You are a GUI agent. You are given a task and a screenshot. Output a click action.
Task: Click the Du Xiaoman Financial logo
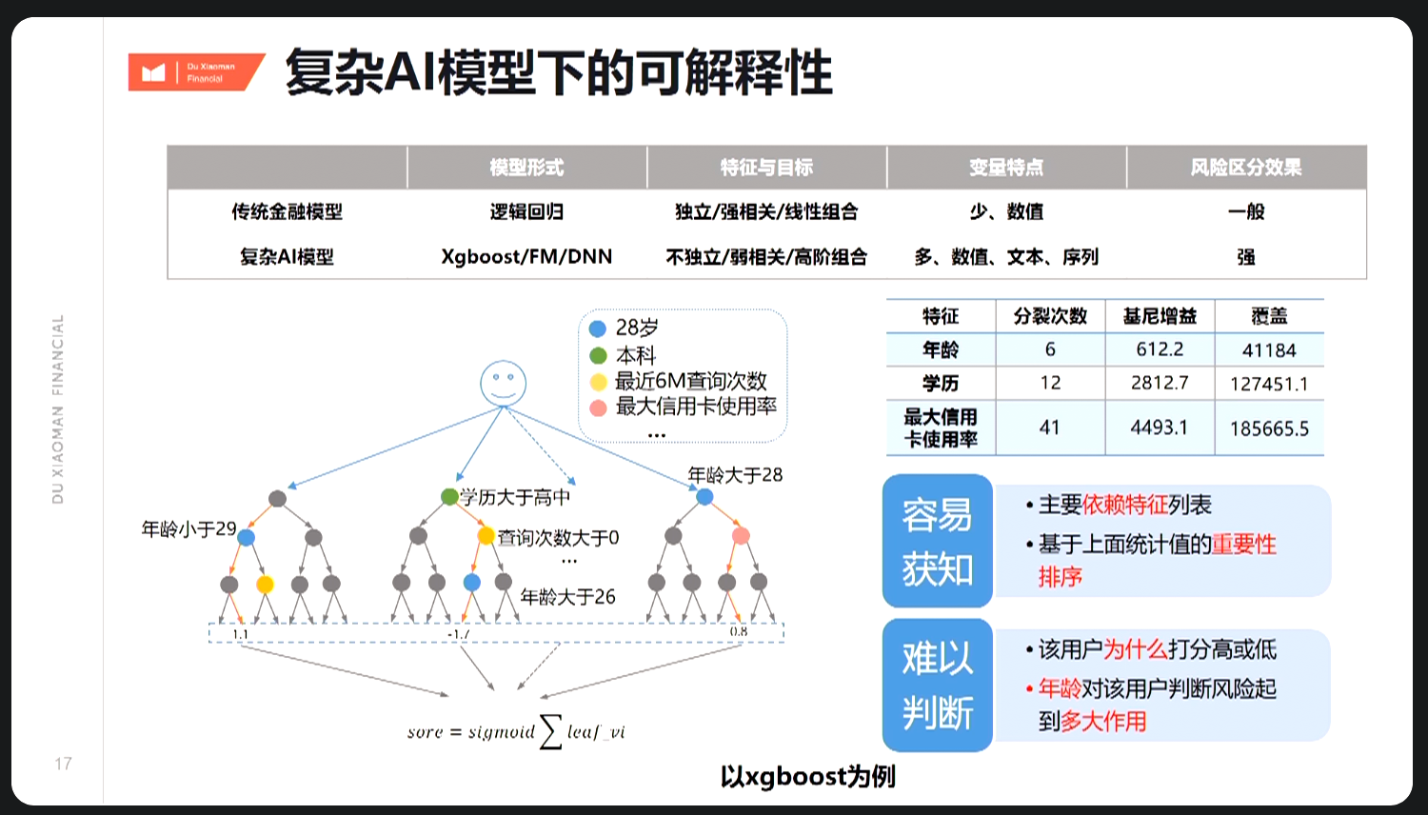click(195, 72)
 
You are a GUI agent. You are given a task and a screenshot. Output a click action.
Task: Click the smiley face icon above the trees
click(503, 383)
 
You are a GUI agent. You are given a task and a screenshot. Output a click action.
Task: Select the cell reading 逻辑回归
click(526, 211)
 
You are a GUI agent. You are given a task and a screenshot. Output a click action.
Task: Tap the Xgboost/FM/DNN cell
click(526, 256)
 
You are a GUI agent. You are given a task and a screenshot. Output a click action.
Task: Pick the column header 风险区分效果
click(1245, 168)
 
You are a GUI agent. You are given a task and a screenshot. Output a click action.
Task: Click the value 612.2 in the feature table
click(1160, 349)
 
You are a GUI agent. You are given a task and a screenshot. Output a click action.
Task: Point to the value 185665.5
click(1269, 428)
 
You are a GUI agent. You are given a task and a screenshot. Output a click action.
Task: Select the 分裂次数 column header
click(1050, 316)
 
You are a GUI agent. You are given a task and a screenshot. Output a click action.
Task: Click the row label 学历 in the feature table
click(941, 383)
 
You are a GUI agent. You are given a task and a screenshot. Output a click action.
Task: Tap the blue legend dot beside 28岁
click(598, 328)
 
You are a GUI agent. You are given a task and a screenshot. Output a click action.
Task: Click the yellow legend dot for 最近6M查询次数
click(598, 382)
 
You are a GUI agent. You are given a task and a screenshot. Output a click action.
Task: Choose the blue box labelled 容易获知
click(938, 541)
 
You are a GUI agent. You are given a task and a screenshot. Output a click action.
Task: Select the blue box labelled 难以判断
click(938, 686)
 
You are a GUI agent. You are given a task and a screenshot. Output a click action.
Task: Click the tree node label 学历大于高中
click(515, 497)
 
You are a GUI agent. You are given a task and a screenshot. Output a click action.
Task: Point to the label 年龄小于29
click(188, 528)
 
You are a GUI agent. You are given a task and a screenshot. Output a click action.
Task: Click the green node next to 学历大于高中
click(449, 497)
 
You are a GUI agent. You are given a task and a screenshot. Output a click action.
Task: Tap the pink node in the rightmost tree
click(741, 536)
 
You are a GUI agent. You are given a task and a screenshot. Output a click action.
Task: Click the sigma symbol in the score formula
click(550, 731)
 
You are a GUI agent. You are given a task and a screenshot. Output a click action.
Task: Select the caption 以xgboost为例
click(807, 777)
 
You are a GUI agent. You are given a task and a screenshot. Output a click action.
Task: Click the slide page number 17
click(63, 764)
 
